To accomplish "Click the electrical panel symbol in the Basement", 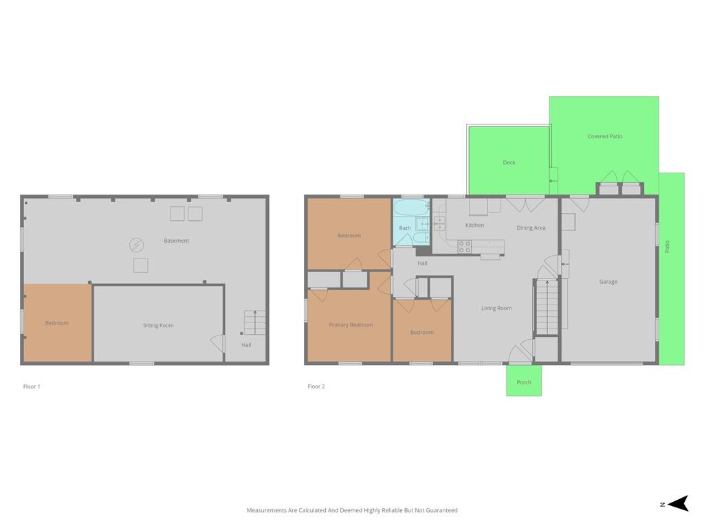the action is (137, 245).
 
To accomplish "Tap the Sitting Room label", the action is (158, 325).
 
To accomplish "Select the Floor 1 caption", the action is (32, 386).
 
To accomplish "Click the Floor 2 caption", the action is (316, 386).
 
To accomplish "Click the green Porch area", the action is (523, 380).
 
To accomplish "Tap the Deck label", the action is (509, 162).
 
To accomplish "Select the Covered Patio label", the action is (605, 136).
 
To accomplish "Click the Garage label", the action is (608, 282).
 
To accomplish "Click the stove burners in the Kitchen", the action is (464, 247).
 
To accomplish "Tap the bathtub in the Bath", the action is (411, 208).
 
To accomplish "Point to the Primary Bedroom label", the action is (351, 325).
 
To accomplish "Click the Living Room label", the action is (496, 308).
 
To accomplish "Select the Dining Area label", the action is (531, 228).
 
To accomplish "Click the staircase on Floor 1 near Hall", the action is (254, 322).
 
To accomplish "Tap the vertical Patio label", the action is (667, 247).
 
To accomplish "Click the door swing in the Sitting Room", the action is (217, 344).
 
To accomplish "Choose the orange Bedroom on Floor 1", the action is (58, 322).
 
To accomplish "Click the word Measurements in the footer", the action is (266, 511).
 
